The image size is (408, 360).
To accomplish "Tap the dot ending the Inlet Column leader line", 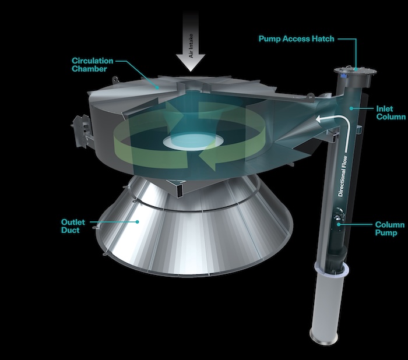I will point(349,108).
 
